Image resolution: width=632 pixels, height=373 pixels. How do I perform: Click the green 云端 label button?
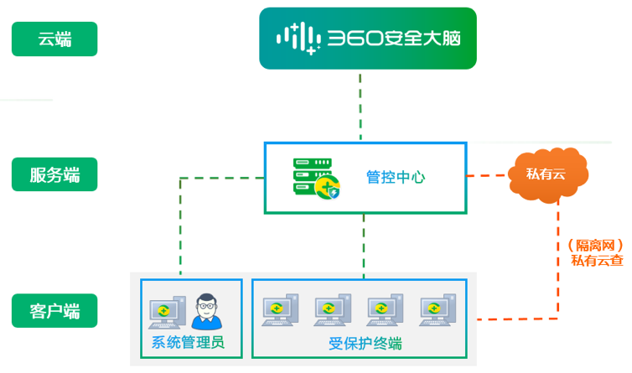click(x=54, y=39)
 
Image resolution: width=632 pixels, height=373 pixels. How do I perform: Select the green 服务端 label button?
click(x=54, y=174)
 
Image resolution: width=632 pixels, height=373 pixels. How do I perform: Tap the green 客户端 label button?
click(x=54, y=310)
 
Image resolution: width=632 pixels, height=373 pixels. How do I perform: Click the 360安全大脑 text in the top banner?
click(x=394, y=39)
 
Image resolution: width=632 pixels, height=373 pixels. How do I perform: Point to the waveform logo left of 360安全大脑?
click(x=298, y=39)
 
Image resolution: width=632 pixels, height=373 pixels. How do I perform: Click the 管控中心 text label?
click(x=396, y=177)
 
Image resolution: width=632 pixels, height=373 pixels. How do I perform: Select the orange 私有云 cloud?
click(x=547, y=174)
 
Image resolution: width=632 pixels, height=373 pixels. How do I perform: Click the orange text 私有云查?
click(x=598, y=261)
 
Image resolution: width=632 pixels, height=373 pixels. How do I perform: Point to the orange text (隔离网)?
click(x=596, y=245)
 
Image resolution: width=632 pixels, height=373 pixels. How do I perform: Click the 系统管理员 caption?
click(x=188, y=342)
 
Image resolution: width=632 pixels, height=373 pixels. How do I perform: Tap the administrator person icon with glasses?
click(x=206, y=311)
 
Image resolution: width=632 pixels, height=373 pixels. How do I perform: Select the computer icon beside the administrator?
click(x=168, y=312)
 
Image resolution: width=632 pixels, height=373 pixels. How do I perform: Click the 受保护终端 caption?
click(x=365, y=344)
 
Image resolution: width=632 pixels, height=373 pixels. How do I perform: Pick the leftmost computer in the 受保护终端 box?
click(x=280, y=309)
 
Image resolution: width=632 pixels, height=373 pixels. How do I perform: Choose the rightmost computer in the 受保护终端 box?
click(x=438, y=309)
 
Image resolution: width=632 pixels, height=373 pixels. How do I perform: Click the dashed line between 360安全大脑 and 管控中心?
click(x=360, y=106)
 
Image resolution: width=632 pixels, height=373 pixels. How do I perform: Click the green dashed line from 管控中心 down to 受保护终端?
click(x=364, y=246)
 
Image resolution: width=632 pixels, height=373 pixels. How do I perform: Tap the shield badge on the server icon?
click(x=334, y=193)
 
